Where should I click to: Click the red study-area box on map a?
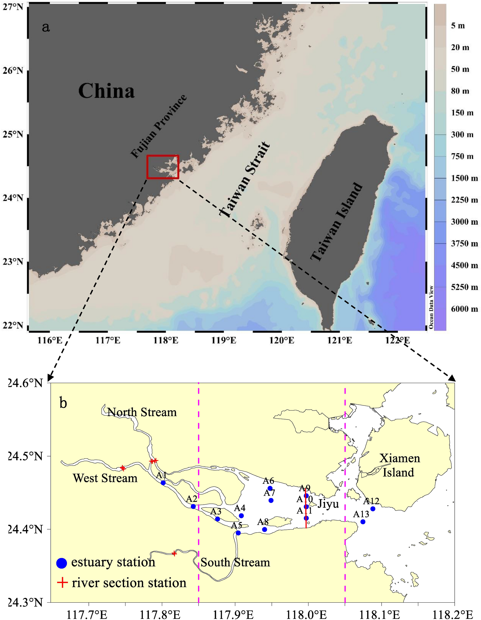[163, 167]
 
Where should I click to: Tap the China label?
[106, 91]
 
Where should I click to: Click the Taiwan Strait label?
[245, 180]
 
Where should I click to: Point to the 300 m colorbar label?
[462, 135]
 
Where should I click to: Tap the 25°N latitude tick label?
[13, 134]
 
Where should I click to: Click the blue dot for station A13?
[363, 522]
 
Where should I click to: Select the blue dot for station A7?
[271, 500]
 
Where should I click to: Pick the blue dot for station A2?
[193, 507]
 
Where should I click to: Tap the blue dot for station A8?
[265, 530]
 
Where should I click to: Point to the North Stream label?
[142, 412]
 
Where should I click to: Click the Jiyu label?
[328, 504]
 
